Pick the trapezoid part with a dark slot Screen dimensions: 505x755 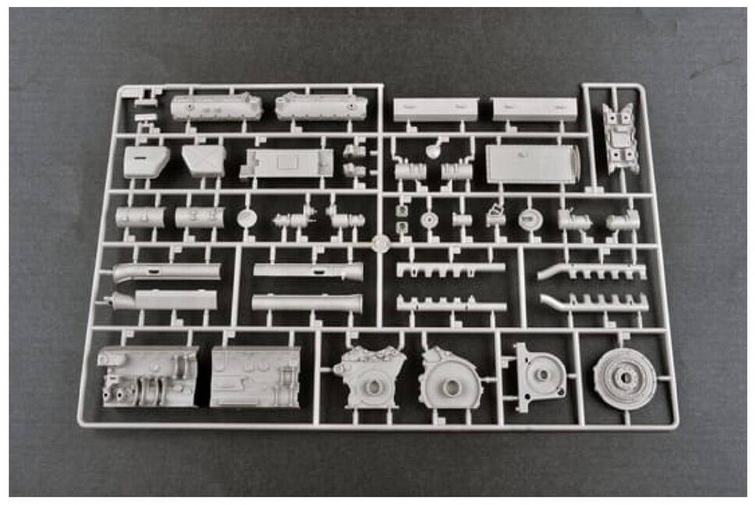[x=146, y=161]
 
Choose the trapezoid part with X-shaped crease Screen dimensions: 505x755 [x=204, y=161]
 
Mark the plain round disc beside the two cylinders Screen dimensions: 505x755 [x=247, y=217]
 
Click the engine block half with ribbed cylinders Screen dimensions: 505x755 [x=148, y=376]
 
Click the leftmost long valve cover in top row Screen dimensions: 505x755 [x=216, y=108]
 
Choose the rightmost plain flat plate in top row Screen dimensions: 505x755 [x=535, y=109]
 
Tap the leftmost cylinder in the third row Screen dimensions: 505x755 [x=140, y=217]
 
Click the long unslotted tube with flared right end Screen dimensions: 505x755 [x=306, y=302]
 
